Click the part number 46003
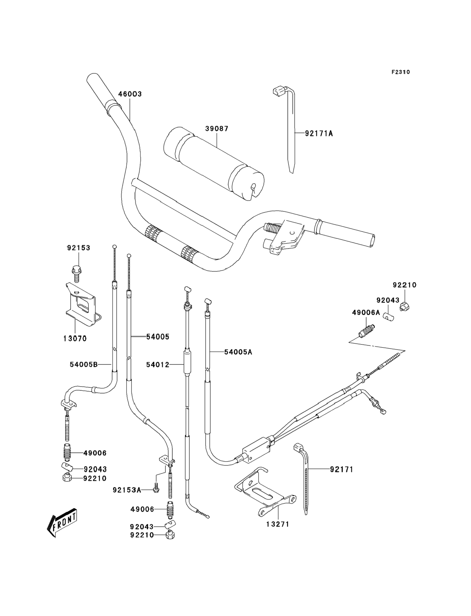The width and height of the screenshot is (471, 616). click(x=130, y=94)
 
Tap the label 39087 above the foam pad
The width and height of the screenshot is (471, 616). click(x=217, y=129)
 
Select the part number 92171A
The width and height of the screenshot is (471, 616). click(x=319, y=134)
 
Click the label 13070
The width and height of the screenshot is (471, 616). click(x=75, y=339)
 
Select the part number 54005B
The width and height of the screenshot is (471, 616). click(x=84, y=365)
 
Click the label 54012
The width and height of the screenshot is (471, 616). click(x=158, y=365)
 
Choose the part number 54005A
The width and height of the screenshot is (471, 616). click(x=238, y=352)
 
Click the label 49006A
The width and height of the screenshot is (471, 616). click(x=366, y=312)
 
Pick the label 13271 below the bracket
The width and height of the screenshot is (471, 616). click(x=278, y=524)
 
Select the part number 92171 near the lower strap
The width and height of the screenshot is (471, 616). click(x=342, y=469)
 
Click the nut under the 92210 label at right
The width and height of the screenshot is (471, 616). click(x=404, y=307)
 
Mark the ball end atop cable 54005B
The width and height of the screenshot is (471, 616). click(x=114, y=246)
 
